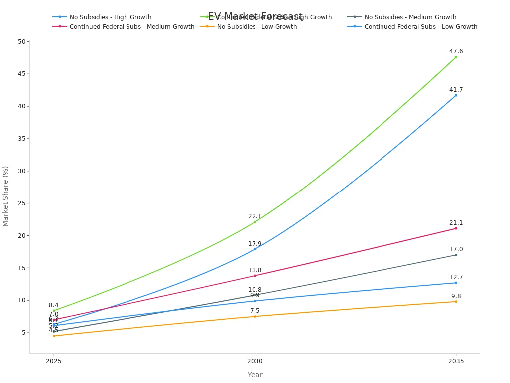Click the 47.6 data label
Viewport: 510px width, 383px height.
456,51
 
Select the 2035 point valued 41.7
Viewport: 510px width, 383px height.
456,95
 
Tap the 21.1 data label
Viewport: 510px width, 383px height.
456,223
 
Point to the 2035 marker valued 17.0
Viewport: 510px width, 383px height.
456,255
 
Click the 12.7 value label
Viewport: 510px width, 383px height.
456,277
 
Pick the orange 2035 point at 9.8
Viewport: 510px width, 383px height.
456,301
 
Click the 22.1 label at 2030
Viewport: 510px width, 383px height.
255,216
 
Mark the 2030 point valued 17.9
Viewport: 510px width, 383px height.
255,249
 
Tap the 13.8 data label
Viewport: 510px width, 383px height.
255,270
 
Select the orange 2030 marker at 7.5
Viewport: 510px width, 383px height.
255,316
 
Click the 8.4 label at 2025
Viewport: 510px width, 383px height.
54,305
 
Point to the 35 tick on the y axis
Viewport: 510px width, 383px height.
21,139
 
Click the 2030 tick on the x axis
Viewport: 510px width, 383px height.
255,360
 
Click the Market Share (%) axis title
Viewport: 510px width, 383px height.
6,196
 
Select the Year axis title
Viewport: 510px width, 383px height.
255,375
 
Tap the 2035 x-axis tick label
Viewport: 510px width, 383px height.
456,360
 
